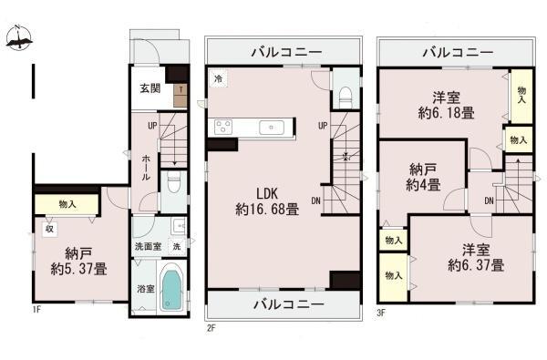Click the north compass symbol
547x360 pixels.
pos(19,37)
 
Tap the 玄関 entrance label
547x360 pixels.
pos(150,88)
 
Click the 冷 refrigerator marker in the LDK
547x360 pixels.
pos(219,78)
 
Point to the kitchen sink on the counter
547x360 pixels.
pos(272,128)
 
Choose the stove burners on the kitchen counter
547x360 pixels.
pos(223,127)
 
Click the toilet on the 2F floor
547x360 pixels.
pos(345,97)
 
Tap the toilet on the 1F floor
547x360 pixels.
pos(173,181)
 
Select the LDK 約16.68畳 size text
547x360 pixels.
pos(267,210)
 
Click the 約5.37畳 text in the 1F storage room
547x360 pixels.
pos(78,269)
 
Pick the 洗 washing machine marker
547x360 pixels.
pos(177,246)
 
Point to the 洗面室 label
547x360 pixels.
pos(149,246)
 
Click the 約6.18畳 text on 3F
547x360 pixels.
pos(446,113)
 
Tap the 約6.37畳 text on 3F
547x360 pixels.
pos(476,265)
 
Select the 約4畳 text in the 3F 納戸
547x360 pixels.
pos(423,185)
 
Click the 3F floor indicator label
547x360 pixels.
pos(381,313)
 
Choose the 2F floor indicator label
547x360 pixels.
pos(212,328)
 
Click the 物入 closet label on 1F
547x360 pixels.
pos(67,204)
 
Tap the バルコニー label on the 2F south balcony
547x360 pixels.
pos(288,304)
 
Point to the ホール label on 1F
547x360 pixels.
pos(147,168)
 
